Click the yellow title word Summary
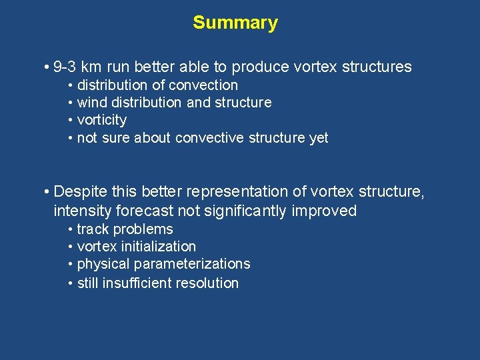coord(235,23)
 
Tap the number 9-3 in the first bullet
coord(65,67)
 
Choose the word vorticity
coord(101,121)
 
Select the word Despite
coord(79,192)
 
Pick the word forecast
coord(141,211)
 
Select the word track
coord(93,229)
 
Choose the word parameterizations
coord(193,264)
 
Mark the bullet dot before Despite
coord(45,193)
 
